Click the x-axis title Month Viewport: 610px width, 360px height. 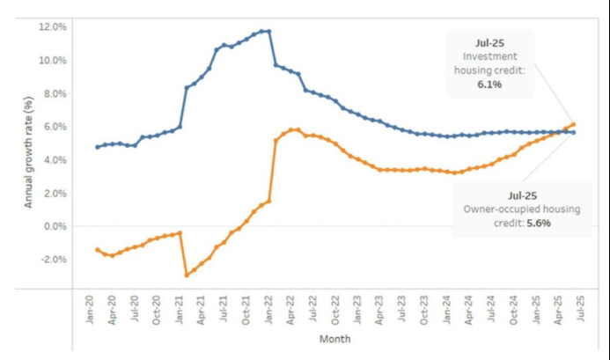pyautogui.click(x=335, y=339)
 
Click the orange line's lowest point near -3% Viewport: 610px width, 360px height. pyautogui.click(x=187, y=276)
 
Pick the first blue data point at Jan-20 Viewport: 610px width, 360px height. pyautogui.click(x=97, y=146)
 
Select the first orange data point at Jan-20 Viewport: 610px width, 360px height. pyautogui.click(x=97, y=250)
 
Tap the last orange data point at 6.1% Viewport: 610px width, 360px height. pyautogui.click(x=573, y=124)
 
